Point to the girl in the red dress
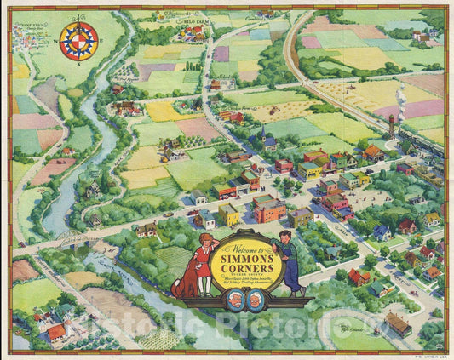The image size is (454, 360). coord(202,264)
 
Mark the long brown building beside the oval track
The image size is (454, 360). coord(398,323)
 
